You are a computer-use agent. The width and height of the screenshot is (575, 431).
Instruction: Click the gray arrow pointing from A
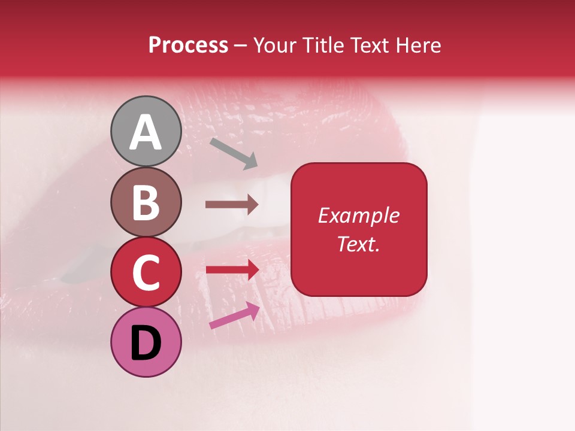point(234,153)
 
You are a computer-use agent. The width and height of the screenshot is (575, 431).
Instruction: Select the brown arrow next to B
point(232,205)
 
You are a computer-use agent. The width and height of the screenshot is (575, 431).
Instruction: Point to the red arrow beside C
point(232,269)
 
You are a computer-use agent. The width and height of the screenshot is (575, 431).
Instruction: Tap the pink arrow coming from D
point(234,315)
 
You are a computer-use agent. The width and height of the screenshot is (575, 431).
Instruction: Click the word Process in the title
point(188,45)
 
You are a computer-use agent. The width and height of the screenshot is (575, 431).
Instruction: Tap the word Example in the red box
point(358,215)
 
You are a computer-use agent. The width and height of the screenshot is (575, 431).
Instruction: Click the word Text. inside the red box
point(358,244)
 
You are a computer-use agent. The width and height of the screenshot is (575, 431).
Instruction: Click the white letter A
point(146,132)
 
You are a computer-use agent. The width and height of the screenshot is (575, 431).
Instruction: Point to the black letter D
point(146,344)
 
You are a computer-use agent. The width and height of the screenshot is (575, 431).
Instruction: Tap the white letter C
point(146,273)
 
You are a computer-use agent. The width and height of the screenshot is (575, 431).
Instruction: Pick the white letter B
point(146,202)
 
